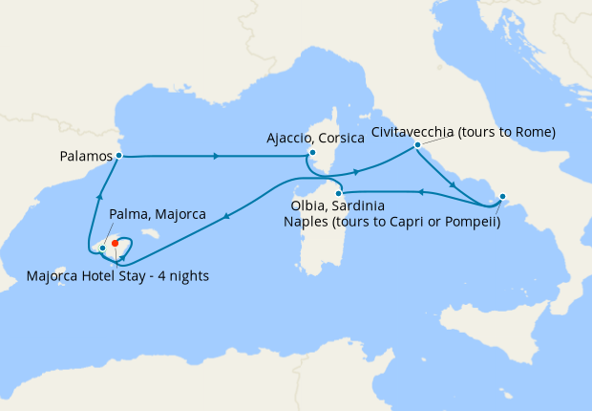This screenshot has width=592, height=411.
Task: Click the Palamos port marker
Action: click(118, 155)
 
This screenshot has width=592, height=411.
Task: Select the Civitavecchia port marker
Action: click(417, 145)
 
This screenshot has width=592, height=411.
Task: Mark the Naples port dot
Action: click(502, 198)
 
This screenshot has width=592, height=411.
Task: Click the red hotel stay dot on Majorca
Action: click(115, 243)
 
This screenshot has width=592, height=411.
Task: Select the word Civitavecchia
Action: click(415, 130)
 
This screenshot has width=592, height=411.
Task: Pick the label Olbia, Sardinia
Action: click(336, 206)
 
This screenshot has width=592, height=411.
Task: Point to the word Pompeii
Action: click(467, 222)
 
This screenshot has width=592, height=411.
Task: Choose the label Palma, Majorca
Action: click(158, 214)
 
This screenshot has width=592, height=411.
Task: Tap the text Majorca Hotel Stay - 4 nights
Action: click(118, 277)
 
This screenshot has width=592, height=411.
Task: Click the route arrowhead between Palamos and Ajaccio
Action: click(218, 156)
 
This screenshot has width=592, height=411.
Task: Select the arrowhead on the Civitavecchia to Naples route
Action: click(451, 184)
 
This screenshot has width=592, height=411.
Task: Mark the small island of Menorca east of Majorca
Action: click(149, 232)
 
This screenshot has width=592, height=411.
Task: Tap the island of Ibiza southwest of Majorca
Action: click(59, 272)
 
